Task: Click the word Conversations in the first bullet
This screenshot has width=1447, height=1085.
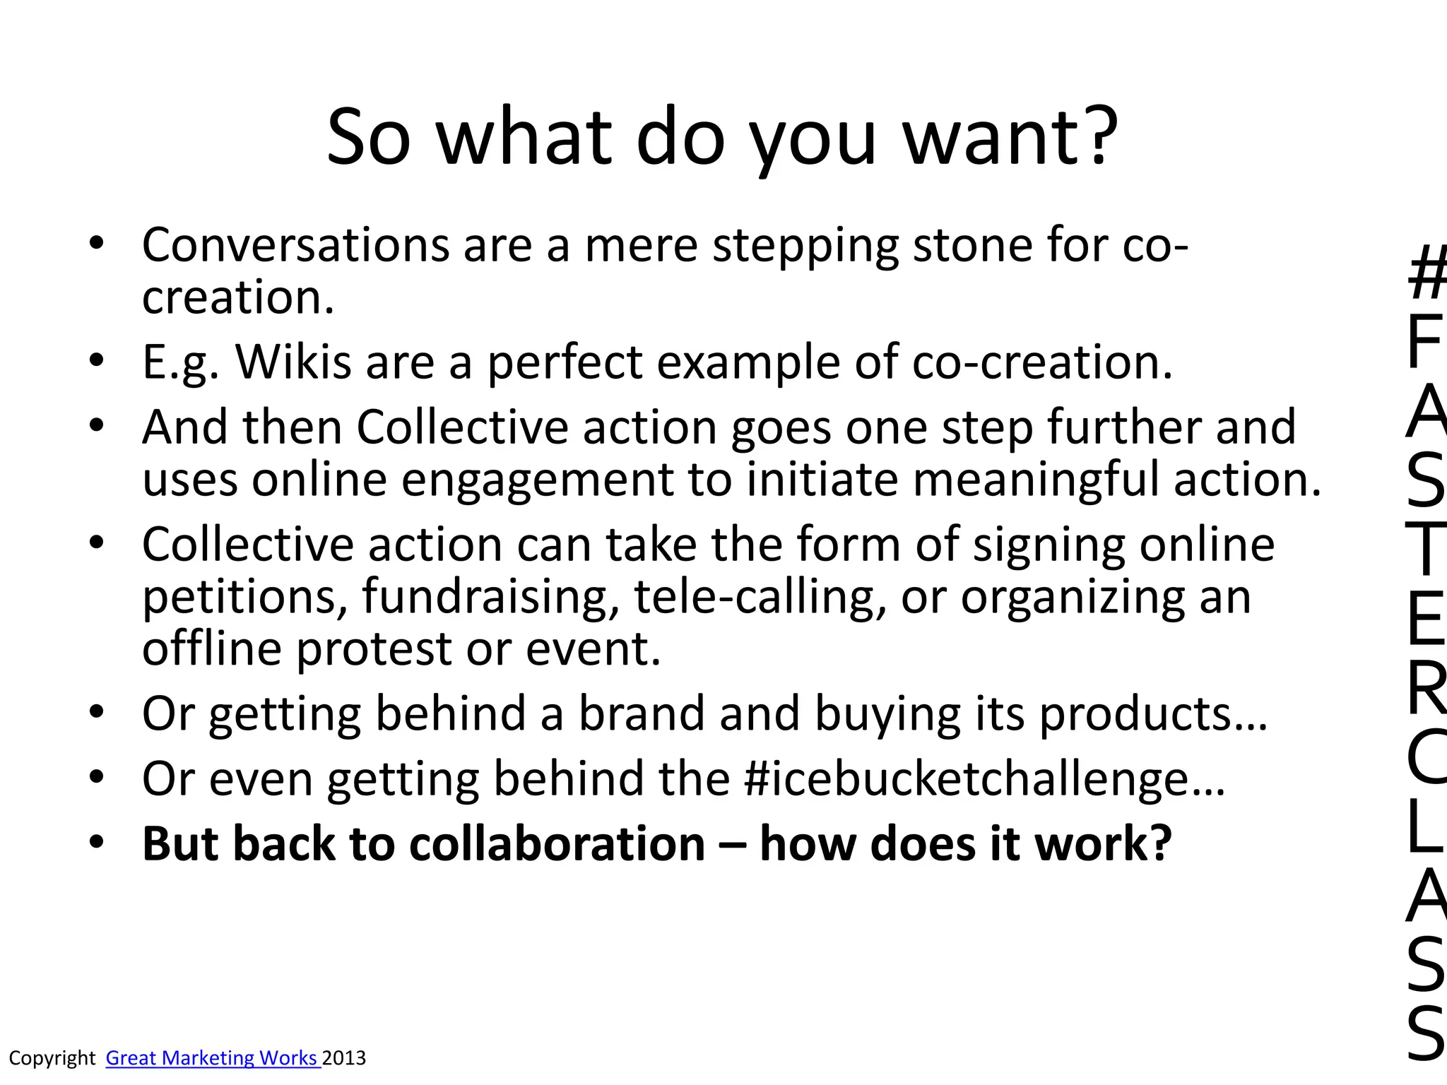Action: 295,245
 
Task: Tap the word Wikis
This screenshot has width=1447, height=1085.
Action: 293,362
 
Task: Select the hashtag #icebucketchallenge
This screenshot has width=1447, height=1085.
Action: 983,779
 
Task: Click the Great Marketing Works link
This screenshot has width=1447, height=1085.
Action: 213,1057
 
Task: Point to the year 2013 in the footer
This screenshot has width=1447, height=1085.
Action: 344,1057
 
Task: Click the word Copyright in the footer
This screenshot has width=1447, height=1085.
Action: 52,1057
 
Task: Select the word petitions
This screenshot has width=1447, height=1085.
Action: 244,597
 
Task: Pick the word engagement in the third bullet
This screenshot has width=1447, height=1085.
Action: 537,480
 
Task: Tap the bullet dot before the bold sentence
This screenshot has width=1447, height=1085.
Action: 97,842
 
